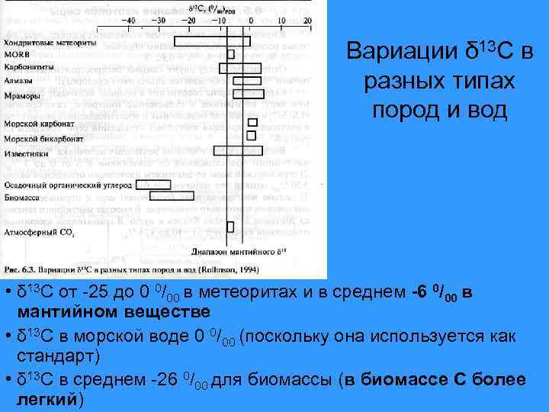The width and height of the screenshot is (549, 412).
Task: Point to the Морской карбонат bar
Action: (253, 122)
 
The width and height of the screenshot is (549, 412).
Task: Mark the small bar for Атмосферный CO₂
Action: (231, 226)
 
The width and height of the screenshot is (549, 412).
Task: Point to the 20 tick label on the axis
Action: (306, 21)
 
